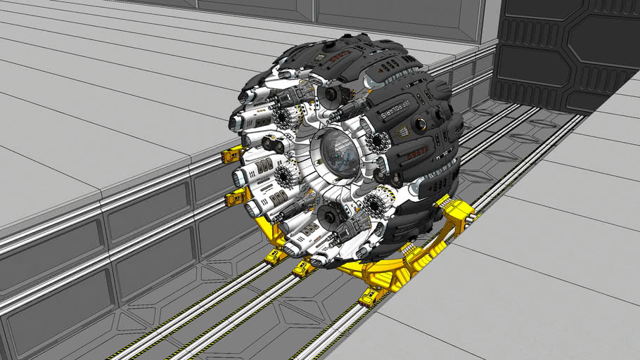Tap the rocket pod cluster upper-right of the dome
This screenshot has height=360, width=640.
click(377, 143)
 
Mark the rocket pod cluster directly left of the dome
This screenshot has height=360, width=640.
click(285, 175)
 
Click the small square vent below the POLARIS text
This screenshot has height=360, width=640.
click(402, 131)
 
